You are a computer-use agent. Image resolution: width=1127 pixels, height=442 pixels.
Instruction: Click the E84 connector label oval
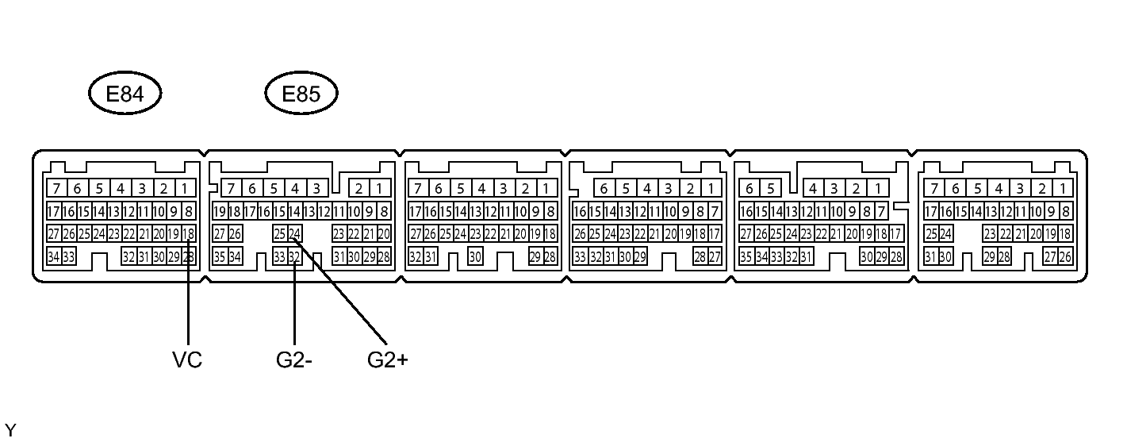(x=125, y=94)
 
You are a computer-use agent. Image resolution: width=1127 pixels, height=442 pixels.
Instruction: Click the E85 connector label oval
(x=301, y=94)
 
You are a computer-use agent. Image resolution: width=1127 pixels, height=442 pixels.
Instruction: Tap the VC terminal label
(x=187, y=359)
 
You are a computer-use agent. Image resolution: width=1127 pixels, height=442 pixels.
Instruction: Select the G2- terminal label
(x=294, y=359)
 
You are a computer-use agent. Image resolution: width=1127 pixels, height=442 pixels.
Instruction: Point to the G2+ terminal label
(x=388, y=359)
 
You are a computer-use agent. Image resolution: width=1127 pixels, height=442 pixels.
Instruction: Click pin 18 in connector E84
(x=189, y=234)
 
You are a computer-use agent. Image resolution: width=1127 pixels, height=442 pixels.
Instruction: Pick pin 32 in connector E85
(x=294, y=257)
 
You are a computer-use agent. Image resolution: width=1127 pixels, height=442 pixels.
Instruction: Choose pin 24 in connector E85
(x=294, y=234)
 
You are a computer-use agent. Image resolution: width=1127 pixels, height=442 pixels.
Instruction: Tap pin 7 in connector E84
(x=56, y=189)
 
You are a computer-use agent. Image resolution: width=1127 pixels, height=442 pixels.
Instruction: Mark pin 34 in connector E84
(x=54, y=257)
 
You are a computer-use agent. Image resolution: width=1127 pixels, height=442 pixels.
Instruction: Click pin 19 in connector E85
(x=220, y=212)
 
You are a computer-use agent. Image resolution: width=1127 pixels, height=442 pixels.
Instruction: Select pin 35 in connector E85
(x=220, y=257)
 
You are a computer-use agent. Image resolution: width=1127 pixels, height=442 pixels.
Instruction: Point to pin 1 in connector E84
(x=185, y=189)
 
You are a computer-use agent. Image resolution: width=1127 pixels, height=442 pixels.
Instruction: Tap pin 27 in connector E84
(x=54, y=234)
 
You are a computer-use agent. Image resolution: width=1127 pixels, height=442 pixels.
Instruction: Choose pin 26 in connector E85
(x=235, y=234)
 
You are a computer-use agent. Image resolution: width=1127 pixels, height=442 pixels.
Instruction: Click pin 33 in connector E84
(x=69, y=257)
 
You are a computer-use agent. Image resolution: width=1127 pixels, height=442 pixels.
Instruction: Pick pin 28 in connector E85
(x=384, y=257)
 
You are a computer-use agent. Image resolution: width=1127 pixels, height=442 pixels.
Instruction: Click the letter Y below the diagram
(x=10, y=431)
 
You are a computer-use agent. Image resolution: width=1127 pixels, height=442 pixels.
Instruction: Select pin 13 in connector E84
(x=113, y=212)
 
